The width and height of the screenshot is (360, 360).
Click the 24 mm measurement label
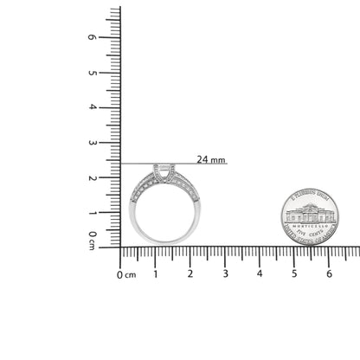pyautogui.click(x=211, y=159)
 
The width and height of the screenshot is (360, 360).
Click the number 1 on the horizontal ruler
pyautogui.click(x=155, y=274)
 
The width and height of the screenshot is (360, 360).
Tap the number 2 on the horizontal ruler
pyautogui.click(x=190, y=274)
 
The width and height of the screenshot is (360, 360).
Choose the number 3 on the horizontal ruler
pyautogui.click(x=225, y=274)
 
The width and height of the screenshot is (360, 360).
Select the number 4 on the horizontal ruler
pyautogui.click(x=260, y=274)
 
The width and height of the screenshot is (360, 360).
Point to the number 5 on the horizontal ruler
pyautogui.click(x=294, y=274)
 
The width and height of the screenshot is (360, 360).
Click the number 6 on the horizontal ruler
pyautogui.click(x=329, y=274)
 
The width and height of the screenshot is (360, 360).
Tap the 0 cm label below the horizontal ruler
pyautogui.click(x=126, y=275)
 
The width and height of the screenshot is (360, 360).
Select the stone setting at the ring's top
pyautogui.click(x=163, y=171)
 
